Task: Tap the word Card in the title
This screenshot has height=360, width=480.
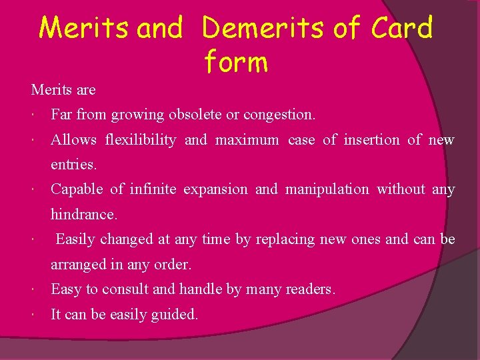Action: [402, 28]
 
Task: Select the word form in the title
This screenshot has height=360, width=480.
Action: [236, 62]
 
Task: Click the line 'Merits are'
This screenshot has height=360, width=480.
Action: [63, 89]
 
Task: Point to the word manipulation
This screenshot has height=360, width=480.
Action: [327, 189]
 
